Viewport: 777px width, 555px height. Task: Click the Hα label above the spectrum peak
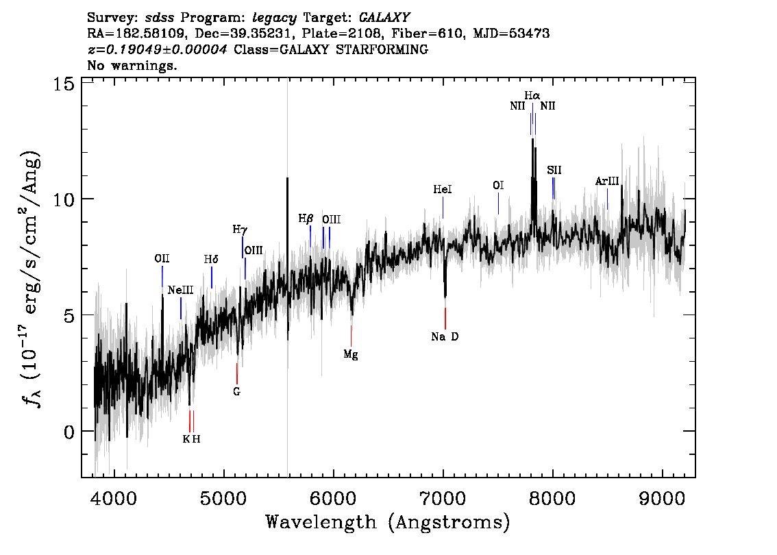pyautogui.click(x=532, y=95)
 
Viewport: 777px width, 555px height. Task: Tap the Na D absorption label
pyautogui.click(x=445, y=337)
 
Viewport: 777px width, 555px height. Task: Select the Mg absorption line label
pyautogui.click(x=351, y=355)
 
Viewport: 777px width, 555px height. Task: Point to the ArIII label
pyautogui.click(x=607, y=182)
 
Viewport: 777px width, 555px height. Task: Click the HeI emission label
pyautogui.click(x=443, y=189)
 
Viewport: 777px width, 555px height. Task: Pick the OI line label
pyautogui.click(x=498, y=185)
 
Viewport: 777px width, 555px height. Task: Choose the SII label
pyautogui.click(x=554, y=170)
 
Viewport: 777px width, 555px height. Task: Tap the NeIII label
pyautogui.click(x=180, y=291)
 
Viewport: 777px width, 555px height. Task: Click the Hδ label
pyautogui.click(x=211, y=259)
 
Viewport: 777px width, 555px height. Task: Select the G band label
pyautogui.click(x=237, y=391)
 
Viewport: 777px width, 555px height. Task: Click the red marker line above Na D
pyautogui.click(x=445, y=318)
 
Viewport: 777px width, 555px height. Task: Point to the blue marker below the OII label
pyautogui.click(x=162, y=277)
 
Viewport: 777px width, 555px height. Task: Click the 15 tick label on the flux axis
pyautogui.click(x=64, y=84)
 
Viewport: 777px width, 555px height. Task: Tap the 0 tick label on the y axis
pyautogui.click(x=69, y=432)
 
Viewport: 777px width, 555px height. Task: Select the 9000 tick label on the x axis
pyautogui.click(x=662, y=499)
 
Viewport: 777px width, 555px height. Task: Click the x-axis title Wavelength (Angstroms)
pyautogui.click(x=388, y=522)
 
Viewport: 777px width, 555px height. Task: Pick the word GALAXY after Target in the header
pyautogui.click(x=384, y=18)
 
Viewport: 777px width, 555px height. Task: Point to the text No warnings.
pyautogui.click(x=132, y=65)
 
